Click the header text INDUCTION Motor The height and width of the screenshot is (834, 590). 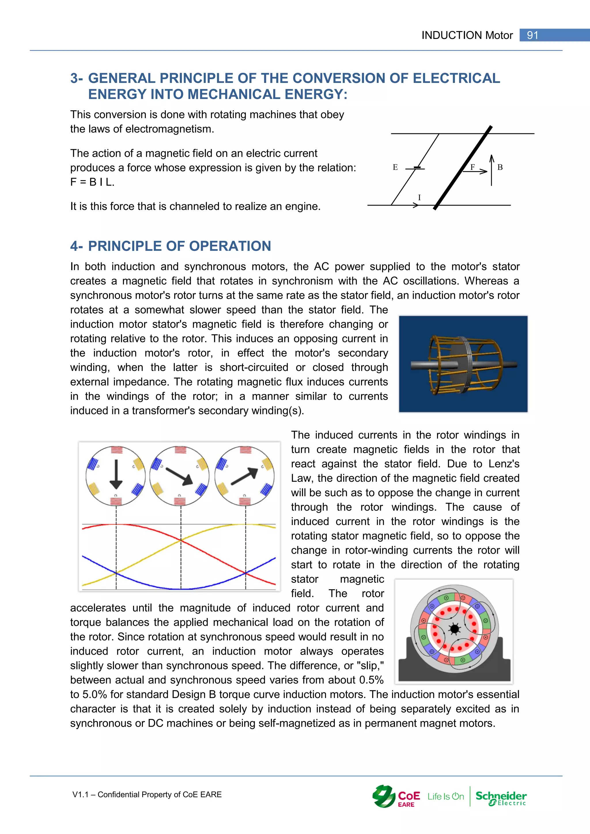click(467, 35)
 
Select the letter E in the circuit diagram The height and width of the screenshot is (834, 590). click(395, 167)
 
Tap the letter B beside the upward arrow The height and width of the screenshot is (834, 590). click(500, 167)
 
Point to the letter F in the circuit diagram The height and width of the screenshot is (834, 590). click(473, 167)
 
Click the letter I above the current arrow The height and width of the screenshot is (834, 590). click(419, 198)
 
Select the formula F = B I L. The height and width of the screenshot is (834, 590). click(92, 182)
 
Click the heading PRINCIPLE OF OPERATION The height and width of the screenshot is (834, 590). click(179, 246)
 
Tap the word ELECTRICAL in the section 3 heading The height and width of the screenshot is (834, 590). click(456, 78)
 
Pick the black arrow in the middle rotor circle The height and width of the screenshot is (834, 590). click(179, 476)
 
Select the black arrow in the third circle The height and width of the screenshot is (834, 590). click(245, 476)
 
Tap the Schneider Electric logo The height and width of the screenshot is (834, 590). click(501, 797)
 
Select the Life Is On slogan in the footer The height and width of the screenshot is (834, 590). click(445, 797)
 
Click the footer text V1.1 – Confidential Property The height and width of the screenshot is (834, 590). click(147, 795)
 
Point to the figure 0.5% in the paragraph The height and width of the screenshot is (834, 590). click(371, 680)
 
